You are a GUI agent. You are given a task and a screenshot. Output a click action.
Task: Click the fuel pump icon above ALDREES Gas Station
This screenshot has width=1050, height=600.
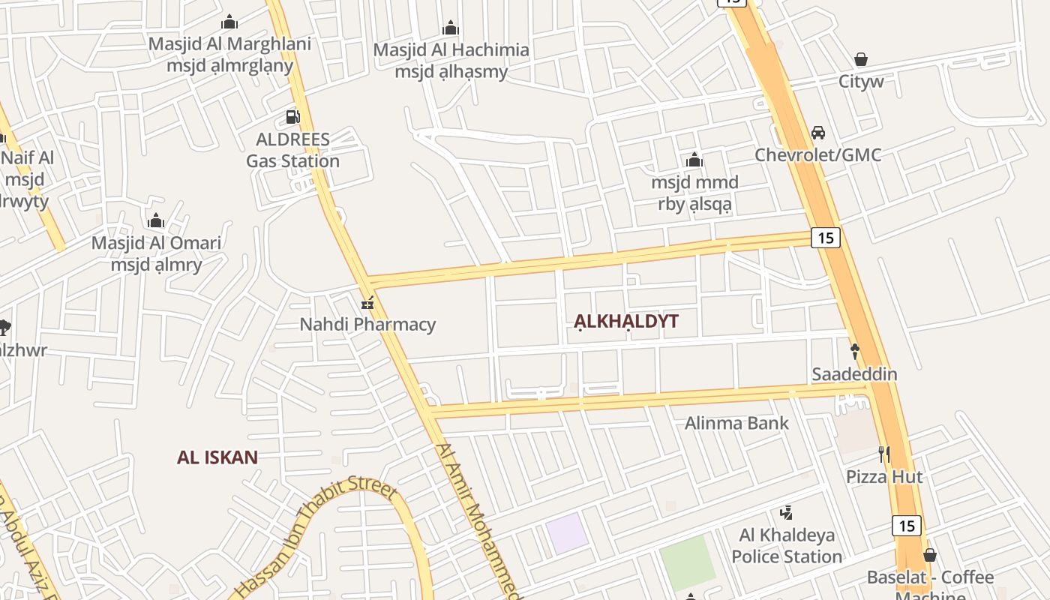pos(292,117)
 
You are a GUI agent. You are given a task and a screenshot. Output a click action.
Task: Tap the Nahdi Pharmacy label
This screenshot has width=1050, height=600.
pos(367,325)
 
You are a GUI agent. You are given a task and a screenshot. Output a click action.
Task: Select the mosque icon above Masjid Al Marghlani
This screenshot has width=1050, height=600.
pos(230,22)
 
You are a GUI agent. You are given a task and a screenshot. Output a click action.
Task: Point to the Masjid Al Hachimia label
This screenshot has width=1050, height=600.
pos(451,50)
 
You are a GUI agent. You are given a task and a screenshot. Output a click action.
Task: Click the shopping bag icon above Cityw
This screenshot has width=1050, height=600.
pos(861,59)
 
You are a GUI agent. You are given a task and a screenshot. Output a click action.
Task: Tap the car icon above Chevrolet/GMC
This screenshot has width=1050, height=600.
pos(817,133)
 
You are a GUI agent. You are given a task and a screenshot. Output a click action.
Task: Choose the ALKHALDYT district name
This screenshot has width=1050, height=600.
pos(626,322)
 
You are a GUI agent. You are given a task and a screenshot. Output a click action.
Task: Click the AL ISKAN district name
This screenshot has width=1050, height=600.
pos(217,457)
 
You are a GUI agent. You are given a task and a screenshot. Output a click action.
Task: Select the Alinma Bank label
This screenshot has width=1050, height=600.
pos(736,423)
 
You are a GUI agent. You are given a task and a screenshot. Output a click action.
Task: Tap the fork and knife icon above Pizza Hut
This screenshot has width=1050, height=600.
pos(884,454)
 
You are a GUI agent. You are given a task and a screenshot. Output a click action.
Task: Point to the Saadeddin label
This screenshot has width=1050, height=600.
pos(854,373)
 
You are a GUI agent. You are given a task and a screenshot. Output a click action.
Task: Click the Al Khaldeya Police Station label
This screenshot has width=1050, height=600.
pos(787,546)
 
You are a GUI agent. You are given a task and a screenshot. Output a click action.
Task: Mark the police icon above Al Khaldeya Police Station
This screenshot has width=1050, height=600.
pos(787,513)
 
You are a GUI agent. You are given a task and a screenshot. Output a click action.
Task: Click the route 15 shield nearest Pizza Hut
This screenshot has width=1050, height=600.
pos(906,525)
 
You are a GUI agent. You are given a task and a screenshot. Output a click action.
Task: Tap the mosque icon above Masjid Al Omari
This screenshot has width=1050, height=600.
pos(156,221)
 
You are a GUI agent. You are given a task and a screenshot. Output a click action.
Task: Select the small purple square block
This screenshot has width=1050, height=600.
pos(567,533)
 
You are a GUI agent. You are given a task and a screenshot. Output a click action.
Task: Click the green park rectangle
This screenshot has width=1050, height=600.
pos(687,562)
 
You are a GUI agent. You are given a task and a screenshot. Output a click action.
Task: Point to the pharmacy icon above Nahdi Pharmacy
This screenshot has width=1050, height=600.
pos(367,302)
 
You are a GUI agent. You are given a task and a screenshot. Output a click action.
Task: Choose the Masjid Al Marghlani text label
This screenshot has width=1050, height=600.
pos(229,43)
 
